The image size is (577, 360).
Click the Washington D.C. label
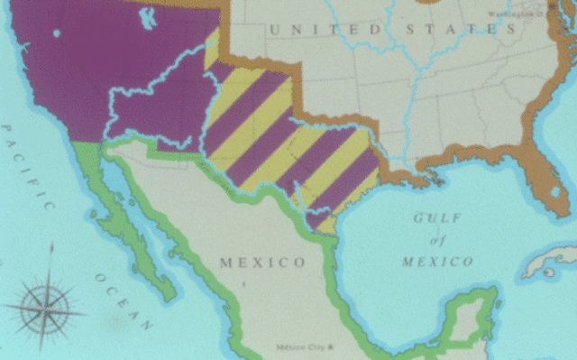(515, 14)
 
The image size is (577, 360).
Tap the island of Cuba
(551, 261)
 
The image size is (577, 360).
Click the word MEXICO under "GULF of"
(437, 262)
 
